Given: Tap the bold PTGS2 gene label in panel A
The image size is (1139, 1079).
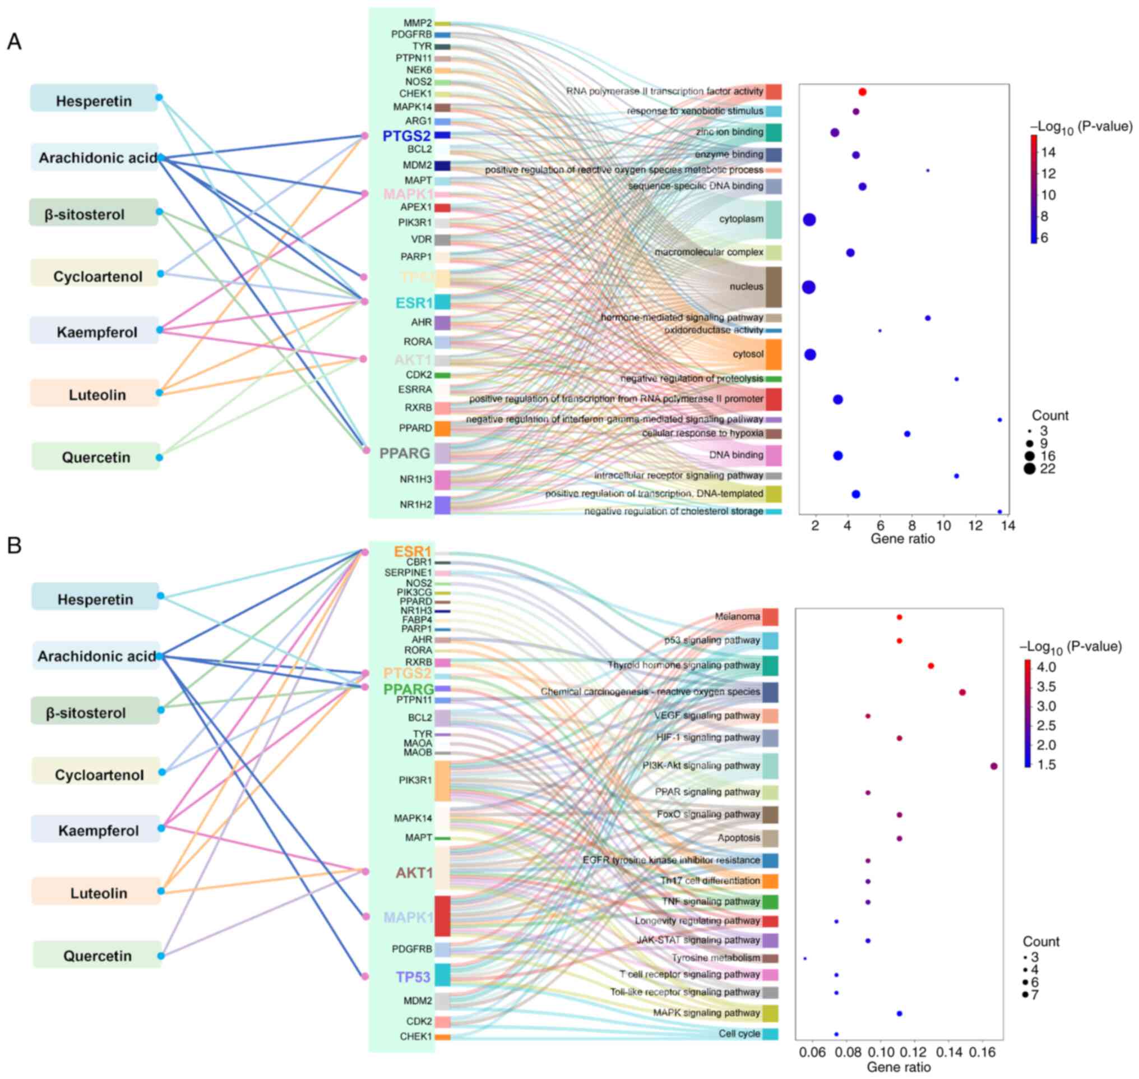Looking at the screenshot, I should click(406, 136).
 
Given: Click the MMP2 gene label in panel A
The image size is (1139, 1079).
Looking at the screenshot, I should click(418, 23).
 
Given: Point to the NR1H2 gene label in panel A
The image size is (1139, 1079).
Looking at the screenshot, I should click(416, 505).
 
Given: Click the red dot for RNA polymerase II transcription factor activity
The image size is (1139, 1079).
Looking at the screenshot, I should click(862, 92).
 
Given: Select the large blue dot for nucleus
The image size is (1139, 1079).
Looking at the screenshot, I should click(808, 287).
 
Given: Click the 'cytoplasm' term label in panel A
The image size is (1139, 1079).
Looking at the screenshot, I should click(741, 219).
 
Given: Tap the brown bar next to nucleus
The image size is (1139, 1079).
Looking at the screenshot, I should click(773, 287).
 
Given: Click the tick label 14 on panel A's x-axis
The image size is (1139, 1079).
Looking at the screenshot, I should click(1007, 525).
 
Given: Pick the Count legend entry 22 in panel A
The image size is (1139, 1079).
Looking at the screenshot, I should click(1048, 469).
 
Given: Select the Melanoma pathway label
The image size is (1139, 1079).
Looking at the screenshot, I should click(737, 616).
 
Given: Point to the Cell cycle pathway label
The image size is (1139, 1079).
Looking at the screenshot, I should click(739, 1034).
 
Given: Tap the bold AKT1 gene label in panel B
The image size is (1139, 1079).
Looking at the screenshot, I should click(414, 873).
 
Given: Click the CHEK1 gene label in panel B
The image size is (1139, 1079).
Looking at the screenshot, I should click(416, 1036).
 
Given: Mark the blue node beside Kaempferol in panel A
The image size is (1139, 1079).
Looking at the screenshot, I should click(160, 330).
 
